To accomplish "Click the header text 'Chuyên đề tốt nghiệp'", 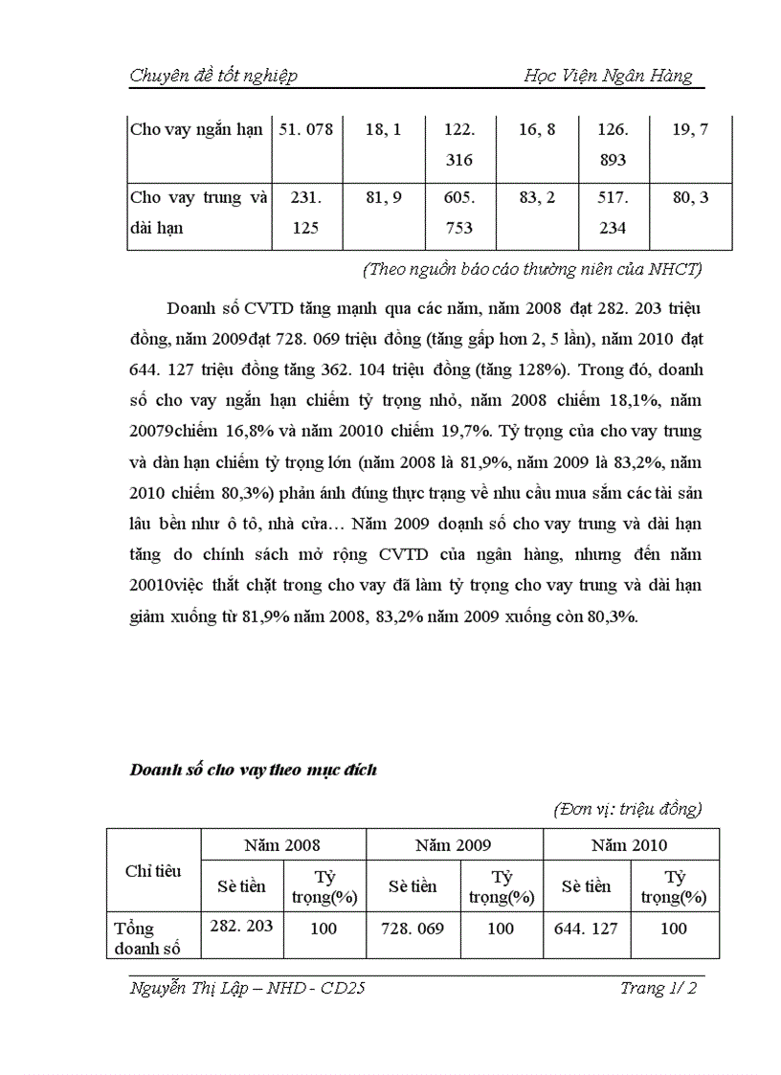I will click(213, 77).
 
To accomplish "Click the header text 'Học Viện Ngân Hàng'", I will click(608, 77).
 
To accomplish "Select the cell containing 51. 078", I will click(306, 129).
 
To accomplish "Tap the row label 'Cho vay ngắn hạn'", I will click(196, 129).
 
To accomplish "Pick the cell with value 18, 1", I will click(383, 129).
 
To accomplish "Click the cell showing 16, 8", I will click(537, 129).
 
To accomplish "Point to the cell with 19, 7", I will click(690, 129).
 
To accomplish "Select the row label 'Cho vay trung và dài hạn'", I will click(199, 213).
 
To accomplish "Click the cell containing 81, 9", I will click(383, 198).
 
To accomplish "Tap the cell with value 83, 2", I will click(537, 198).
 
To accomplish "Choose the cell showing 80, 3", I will click(690, 198).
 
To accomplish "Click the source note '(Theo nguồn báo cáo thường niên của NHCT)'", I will click(532, 269).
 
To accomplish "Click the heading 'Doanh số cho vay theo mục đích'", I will click(253, 770).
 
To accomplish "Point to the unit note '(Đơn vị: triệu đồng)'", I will click(628, 809).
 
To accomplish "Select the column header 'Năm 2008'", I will click(282, 845).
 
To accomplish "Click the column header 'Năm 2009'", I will click(454, 845).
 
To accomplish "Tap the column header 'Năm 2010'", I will click(630, 845).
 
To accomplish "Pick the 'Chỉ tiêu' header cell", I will click(153, 871).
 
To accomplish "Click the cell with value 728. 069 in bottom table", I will click(413, 928).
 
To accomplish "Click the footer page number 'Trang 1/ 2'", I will click(658, 989).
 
